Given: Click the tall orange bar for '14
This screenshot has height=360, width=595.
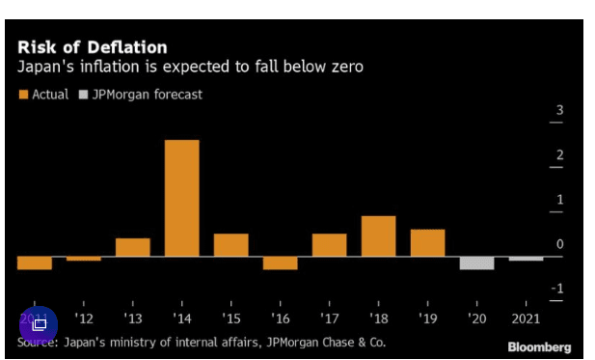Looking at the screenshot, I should (181, 198).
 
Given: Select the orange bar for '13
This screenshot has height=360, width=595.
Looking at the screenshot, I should (132, 247).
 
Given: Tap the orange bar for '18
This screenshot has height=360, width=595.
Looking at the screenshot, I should (378, 235).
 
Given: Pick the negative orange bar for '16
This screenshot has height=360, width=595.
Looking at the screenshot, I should (280, 263).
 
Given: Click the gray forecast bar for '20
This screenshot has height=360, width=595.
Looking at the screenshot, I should (476, 263).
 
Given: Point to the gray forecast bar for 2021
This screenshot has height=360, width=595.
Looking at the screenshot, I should (526, 259).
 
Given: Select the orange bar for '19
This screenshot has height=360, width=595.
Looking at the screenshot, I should (427, 242).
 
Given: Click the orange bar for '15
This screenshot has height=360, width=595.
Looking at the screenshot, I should (230, 245).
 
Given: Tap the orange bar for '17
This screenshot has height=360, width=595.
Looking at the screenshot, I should (329, 245).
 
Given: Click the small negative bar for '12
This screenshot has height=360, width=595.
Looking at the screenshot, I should (83, 259).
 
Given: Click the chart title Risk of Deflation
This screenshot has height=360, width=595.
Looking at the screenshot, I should (92, 47).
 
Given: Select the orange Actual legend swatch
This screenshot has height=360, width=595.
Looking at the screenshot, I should (23, 95).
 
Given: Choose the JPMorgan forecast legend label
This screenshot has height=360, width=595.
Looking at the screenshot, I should (147, 95).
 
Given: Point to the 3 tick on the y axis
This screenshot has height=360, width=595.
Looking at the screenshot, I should (559, 111).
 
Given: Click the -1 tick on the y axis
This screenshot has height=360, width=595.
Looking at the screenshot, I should (557, 289).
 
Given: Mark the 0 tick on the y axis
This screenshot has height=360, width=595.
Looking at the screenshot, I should (559, 244).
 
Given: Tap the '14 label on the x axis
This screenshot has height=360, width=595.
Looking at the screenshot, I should (181, 318).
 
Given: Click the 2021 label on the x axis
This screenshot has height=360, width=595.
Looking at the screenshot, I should (527, 318).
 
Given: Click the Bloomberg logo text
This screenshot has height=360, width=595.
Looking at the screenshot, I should (539, 346).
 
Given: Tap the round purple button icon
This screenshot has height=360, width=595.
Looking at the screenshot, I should (39, 324).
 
